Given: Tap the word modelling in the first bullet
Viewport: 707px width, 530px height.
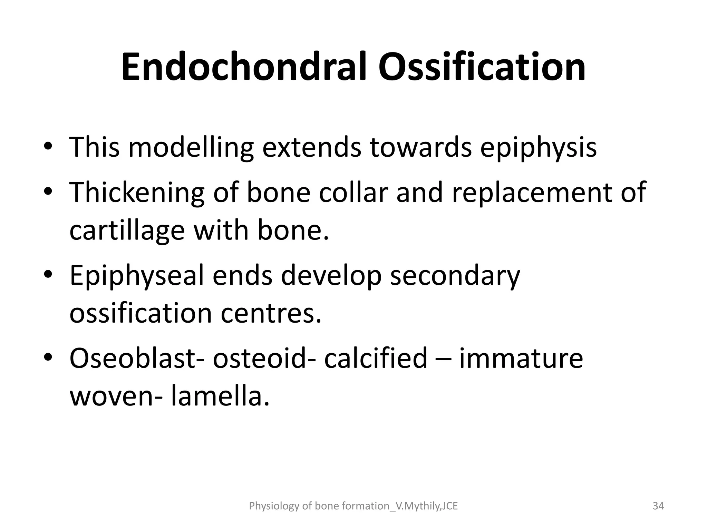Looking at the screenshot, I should [x=191, y=147].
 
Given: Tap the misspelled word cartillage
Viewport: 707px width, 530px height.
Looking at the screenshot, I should [x=127, y=231].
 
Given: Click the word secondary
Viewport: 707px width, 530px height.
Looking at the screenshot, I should [x=455, y=276].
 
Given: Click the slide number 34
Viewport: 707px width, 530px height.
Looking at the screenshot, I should [x=658, y=506].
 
